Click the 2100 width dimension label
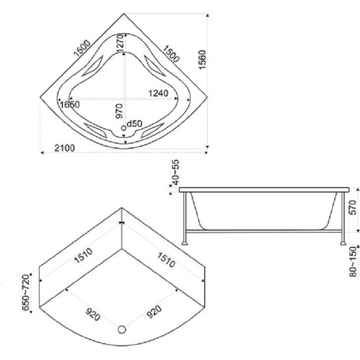click(x=64, y=148)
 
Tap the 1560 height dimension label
click(x=202, y=59)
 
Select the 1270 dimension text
click(x=120, y=44)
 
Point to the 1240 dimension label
click(x=159, y=93)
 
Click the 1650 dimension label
click(x=69, y=105)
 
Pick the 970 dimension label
click(x=119, y=111)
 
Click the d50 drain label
click(x=135, y=124)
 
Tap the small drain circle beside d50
click(x=124, y=128)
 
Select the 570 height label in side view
click(x=352, y=208)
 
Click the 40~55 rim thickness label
click(x=176, y=172)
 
